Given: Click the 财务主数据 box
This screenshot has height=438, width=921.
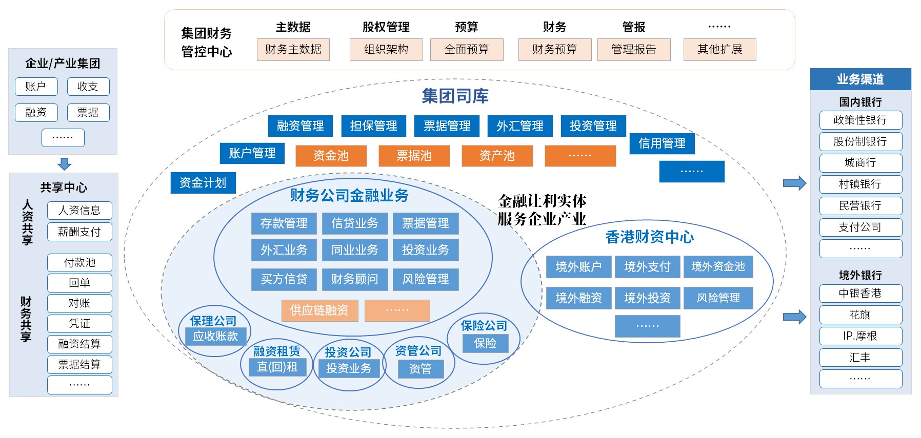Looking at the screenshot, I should click(293, 50).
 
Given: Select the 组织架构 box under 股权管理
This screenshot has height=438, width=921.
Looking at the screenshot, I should click(386, 50).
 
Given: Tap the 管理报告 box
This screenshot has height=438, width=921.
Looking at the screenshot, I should click(633, 50).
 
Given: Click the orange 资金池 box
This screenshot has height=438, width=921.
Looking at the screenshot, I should click(331, 156).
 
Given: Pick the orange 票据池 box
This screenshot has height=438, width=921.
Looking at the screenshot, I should click(414, 156).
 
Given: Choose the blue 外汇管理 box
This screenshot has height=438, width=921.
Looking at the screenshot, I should click(519, 126).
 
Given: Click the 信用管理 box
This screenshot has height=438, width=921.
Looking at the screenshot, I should click(662, 143).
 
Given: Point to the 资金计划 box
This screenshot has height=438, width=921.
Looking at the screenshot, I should click(203, 183).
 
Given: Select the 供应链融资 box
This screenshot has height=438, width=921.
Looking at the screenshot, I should click(319, 310).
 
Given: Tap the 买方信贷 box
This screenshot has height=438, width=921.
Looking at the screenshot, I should click(284, 279).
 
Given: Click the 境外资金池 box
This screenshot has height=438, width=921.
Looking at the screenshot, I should click(718, 267).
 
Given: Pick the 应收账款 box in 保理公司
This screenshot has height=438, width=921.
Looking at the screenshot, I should click(215, 336).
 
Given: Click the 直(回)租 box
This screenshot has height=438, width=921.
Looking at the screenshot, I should click(277, 367).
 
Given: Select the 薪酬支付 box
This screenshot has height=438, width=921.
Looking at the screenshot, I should click(79, 232).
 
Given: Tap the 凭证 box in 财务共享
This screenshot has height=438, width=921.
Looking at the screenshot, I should click(79, 323).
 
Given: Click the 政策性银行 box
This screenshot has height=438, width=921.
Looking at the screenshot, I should click(860, 120).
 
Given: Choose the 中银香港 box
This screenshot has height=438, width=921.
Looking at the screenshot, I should click(860, 294).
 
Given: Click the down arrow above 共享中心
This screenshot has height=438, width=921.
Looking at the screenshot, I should click(64, 164).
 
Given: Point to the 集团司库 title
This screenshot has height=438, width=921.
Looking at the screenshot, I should click(455, 96).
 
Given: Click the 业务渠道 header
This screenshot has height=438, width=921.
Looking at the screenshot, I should click(860, 79).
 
